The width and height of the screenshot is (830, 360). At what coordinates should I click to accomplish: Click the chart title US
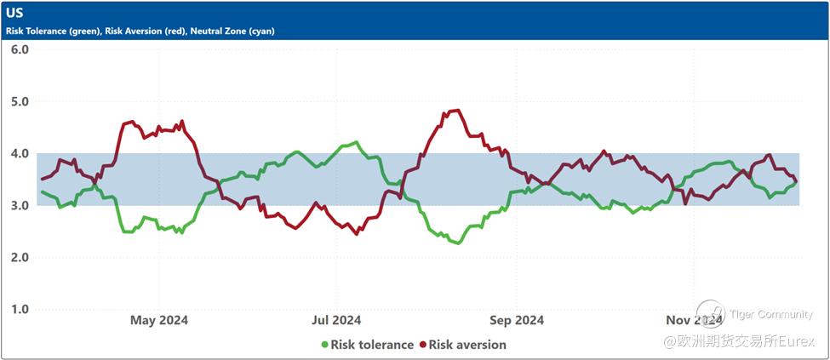point(15,14)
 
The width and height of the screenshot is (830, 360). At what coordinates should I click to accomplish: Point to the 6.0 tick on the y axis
point(20,49)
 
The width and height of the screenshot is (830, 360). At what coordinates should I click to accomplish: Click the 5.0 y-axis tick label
point(20,101)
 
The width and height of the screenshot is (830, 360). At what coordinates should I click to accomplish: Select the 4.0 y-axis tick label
point(20,154)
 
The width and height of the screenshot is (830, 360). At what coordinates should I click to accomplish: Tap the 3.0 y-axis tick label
point(20,206)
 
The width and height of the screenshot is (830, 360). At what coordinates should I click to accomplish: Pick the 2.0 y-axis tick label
point(20,258)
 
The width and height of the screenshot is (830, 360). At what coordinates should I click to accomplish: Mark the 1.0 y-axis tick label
point(20,310)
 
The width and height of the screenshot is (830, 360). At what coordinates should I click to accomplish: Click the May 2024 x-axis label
point(158,320)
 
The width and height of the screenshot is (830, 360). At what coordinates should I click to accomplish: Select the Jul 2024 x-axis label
point(336,320)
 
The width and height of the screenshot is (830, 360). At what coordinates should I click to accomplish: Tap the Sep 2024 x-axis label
point(518,320)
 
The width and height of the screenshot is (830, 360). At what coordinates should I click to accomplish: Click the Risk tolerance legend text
point(372,345)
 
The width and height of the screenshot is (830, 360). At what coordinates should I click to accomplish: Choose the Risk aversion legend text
point(467,345)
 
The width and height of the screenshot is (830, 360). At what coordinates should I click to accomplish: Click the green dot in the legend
point(324,345)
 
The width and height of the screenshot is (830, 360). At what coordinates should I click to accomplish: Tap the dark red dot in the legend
point(422,345)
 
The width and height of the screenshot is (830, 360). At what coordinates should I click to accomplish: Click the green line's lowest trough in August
point(457,243)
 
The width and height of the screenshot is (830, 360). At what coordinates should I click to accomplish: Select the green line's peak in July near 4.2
point(355,142)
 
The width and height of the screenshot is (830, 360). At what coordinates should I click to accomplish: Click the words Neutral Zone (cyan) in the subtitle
point(232,31)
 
